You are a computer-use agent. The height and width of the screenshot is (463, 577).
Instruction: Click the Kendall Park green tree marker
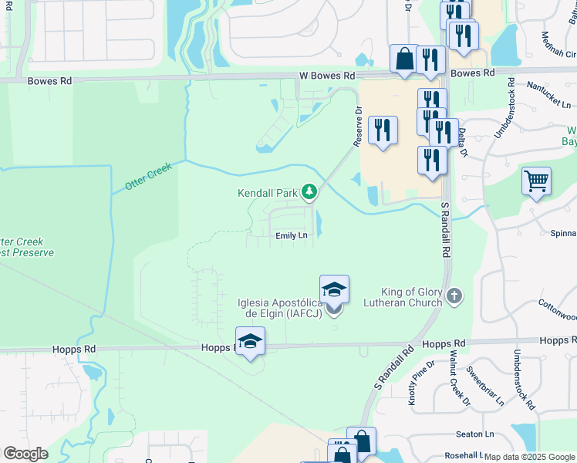click(x=309, y=191)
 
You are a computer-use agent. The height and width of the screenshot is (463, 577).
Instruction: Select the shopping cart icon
click(x=536, y=182)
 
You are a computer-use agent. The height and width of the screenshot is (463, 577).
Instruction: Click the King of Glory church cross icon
click(x=455, y=295)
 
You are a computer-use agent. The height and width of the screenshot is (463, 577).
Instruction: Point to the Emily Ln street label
click(x=292, y=235)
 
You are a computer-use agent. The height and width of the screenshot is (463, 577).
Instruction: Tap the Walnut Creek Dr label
click(x=459, y=380)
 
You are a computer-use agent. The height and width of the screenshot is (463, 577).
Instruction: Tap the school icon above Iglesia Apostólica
click(x=334, y=289)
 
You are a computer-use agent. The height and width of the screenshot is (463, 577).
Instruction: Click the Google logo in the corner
click(x=25, y=454)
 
